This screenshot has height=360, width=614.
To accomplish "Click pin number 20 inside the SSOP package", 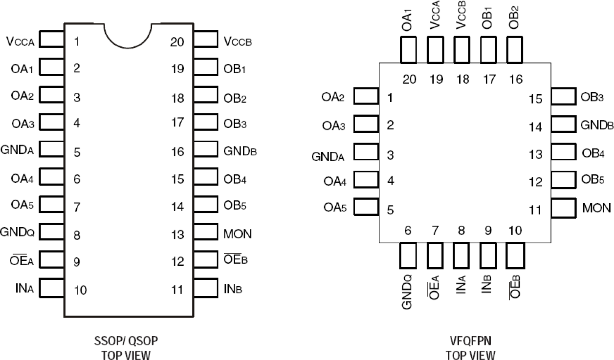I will [x=177, y=42].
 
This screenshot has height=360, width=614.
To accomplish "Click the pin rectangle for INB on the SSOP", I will [x=205, y=288].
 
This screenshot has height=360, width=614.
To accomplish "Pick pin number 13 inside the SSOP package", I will [x=177, y=234].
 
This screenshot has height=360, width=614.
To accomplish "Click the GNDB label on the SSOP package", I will [x=240, y=151].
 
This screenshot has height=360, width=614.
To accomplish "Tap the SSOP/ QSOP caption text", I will [x=127, y=339].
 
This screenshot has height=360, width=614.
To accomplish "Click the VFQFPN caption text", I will [x=470, y=339].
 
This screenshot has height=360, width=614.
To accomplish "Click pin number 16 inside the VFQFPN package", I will [x=515, y=79].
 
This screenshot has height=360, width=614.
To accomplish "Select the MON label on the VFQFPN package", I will [x=596, y=208].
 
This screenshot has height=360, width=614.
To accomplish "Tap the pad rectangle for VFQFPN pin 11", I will [x=563, y=208].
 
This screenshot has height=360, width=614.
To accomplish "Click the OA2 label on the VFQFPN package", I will [x=333, y=97].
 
